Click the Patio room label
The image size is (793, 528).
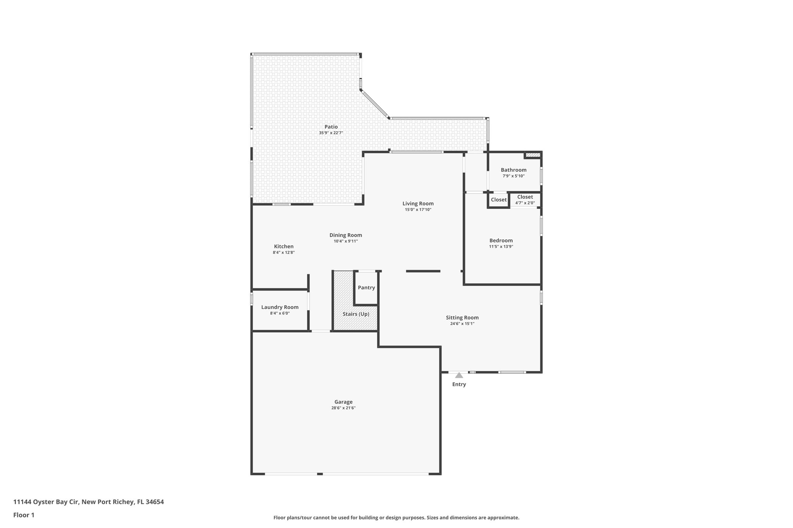(x=331, y=127)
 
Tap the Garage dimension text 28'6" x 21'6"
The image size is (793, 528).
(x=343, y=408)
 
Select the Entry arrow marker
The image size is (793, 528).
(x=459, y=375)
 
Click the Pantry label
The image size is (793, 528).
(x=366, y=287)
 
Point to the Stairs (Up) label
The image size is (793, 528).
(x=356, y=314)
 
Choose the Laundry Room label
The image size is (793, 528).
(x=280, y=307)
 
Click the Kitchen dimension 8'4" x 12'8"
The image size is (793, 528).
(x=284, y=252)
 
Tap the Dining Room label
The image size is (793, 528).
(x=346, y=235)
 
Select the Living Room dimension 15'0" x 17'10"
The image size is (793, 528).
(x=418, y=210)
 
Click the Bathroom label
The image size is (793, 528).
(x=513, y=170)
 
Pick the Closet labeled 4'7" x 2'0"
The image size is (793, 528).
(x=525, y=200)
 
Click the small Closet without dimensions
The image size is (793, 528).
(x=499, y=200)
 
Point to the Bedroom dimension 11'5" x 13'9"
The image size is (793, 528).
(x=501, y=246)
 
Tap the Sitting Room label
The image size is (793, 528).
(x=462, y=318)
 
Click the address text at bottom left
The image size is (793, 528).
(x=89, y=502)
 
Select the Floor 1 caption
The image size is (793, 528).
(x=24, y=515)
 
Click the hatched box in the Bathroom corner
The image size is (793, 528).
(x=533, y=155)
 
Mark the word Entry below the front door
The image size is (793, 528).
(x=459, y=384)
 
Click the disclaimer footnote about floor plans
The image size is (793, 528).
(x=396, y=518)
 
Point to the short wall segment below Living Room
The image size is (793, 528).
(x=423, y=271)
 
